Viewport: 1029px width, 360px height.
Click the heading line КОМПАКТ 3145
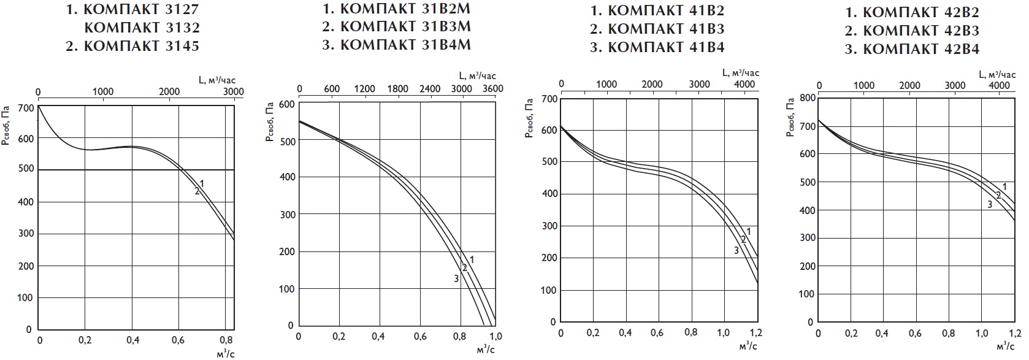[x=132, y=46]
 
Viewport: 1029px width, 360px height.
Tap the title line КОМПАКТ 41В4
[x=657, y=47]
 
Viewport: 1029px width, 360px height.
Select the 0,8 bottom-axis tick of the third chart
[x=691, y=332]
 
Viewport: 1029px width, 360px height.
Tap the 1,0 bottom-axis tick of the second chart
[x=495, y=336]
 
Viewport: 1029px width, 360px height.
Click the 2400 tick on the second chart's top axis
[x=429, y=89]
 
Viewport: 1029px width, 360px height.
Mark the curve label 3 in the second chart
[x=456, y=279]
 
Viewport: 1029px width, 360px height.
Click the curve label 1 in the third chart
[x=749, y=231]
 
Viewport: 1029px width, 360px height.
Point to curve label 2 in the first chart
[x=197, y=191]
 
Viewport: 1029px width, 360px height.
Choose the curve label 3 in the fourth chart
[x=990, y=204]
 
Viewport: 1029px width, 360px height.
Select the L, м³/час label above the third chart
[x=741, y=73]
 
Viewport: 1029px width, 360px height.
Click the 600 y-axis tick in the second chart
[x=287, y=104]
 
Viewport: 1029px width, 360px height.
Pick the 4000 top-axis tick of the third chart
[x=744, y=84]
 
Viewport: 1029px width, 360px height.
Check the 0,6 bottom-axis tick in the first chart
[x=178, y=340]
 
